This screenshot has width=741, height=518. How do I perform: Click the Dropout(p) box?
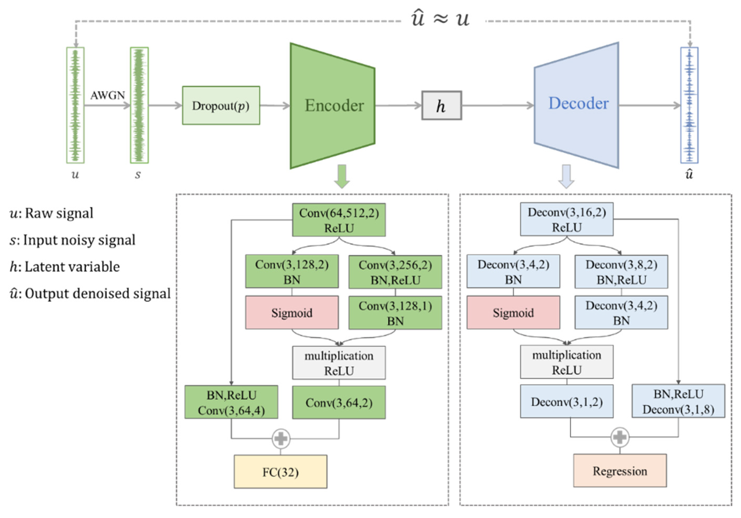pyautogui.click(x=221, y=105)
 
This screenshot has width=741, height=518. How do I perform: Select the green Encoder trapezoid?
pyautogui.click(x=332, y=105)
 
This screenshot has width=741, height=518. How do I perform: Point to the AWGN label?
pyautogui.click(x=108, y=95)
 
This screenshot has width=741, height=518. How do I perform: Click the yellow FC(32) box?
pyautogui.click(x=280, y=471)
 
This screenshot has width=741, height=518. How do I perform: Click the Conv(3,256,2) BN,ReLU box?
pyautogui.click(x=395, y=272)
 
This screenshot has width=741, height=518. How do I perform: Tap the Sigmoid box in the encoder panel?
pyautogui.click(x=292, y=312)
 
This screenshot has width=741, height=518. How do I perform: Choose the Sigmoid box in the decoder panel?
pyautogui.click(x=513, y=312)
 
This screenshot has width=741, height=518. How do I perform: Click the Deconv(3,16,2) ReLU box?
pyautogui.click(x=567, y=219)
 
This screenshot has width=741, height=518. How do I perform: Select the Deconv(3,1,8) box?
pyautogui.click(x=678, y=401)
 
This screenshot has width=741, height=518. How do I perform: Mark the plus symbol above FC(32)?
pyautogui.click(x=280, y=438)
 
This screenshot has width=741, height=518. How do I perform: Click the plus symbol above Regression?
pyautogui.click(x=620, y=437)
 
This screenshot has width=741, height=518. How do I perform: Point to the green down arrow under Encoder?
pyautogui.click(x=341, y=176)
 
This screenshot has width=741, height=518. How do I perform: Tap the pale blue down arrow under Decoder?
pyautogui.click(x=566, y=176)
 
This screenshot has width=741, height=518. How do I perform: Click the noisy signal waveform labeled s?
pyautogui.click(x=139, y=105)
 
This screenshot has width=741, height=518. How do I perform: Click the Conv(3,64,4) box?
pyautogui.click(x=231, y=402)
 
